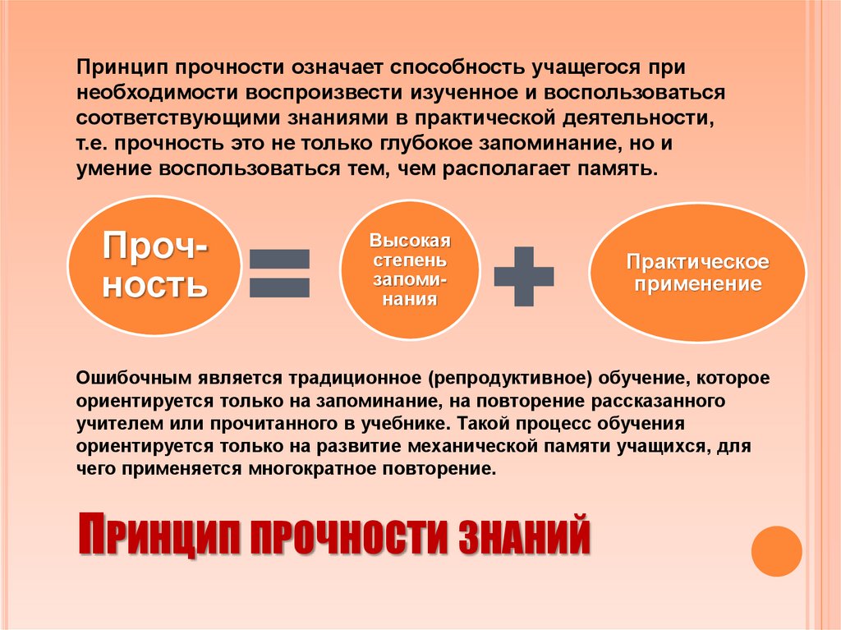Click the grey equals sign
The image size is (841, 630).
click(x=279, y=273)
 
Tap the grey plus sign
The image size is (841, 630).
click(x=524, y=274)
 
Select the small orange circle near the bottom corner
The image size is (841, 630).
click(x=776, y=551)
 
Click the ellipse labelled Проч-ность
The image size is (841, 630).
click(x=154, y=265)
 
